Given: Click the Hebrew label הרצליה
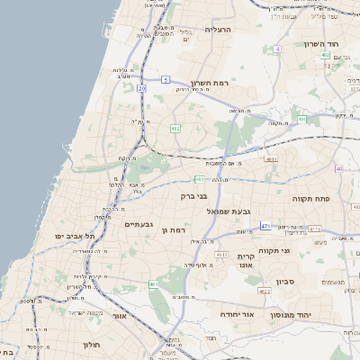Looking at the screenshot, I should (219, 30).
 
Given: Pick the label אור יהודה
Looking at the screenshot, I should (238, 315).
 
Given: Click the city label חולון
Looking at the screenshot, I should (92, 345).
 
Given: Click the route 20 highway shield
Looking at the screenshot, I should (141, 88).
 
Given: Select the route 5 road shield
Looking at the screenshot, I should (166, 80).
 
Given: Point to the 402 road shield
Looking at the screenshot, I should (324, 55).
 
